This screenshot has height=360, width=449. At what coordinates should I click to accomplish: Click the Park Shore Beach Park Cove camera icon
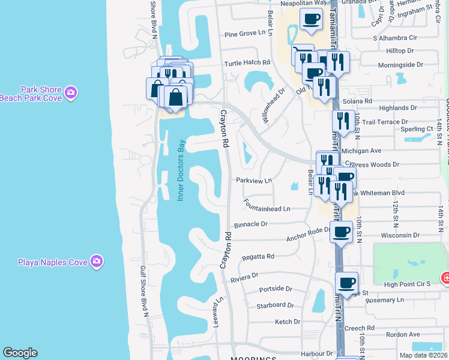pyautogui.click(x=71, y=92)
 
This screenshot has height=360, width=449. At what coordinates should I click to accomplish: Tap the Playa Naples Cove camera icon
pyautogui.click(x=97, y=261)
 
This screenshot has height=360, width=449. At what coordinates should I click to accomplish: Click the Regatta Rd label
pyautogui.click(x=258, y=256)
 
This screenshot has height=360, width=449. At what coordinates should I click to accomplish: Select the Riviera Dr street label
pyautogui.click(x=244, y=277)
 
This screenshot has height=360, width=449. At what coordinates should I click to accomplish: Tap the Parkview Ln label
pyautogui.click(x=254, y=180)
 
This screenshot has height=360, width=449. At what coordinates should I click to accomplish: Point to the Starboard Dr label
pyautogui.click(x=276, y=305)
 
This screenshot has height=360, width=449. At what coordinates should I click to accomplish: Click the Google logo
pyautogui.click(x=20, y=353)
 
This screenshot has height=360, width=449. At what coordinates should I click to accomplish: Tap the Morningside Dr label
pyautogui.click(x=400, y=64)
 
